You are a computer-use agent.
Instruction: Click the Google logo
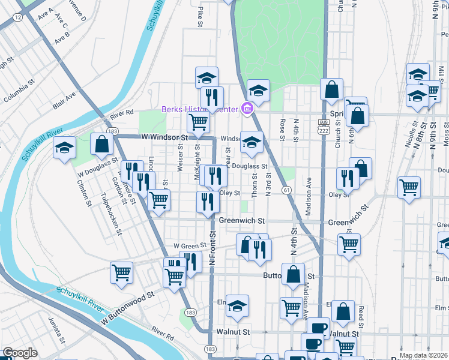(x=20, y=353)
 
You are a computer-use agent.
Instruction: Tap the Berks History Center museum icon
(x=246, y=109)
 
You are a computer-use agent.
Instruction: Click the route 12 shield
(x=18, y=18)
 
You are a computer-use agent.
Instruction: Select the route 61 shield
(x=287, y=190)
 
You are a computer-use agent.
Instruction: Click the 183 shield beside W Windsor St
(x=112, y=131)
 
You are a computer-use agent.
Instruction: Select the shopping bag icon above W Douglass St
(x=101, y=145)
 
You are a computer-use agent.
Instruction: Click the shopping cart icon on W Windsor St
(x=198, y=122)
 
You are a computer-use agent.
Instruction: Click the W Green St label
(x=190, y=245)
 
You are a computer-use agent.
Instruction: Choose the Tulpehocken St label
(x=112, y=214)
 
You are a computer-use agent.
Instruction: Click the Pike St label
(x=200, y=16)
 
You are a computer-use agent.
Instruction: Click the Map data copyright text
(x=423, y=355)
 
